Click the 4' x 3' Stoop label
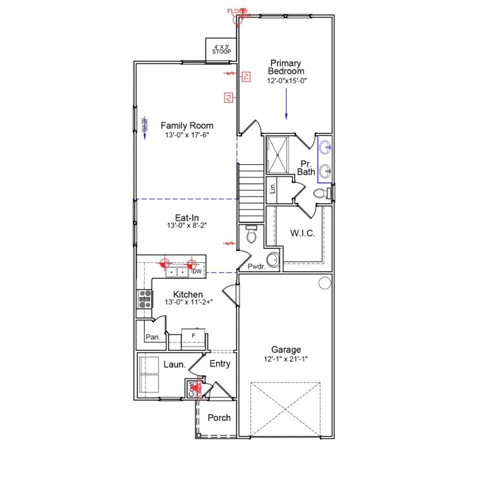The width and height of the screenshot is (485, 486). pos(221,49)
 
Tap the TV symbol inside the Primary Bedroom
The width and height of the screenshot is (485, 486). pos(247,76)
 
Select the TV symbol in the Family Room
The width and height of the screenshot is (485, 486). pos(228,97)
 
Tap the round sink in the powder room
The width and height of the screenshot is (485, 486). pos(272,259)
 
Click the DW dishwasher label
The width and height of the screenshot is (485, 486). pos(197,272)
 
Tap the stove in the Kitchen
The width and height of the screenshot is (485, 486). pos(145,298)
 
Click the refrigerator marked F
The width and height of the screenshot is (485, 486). pos(193,335)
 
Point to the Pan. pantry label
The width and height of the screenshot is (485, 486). pos(152,337)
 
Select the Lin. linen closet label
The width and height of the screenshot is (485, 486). pos(273,187)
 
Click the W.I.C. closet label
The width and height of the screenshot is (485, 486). pos(302,233)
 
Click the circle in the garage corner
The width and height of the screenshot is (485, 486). pos(324,282)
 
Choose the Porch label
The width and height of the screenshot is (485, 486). pos(219,418)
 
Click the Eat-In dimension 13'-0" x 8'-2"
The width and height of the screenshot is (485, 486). pos(187,226)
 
